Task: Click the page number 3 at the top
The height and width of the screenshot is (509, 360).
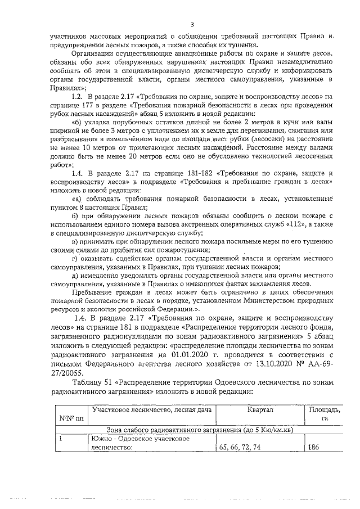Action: tap(192, 24)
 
